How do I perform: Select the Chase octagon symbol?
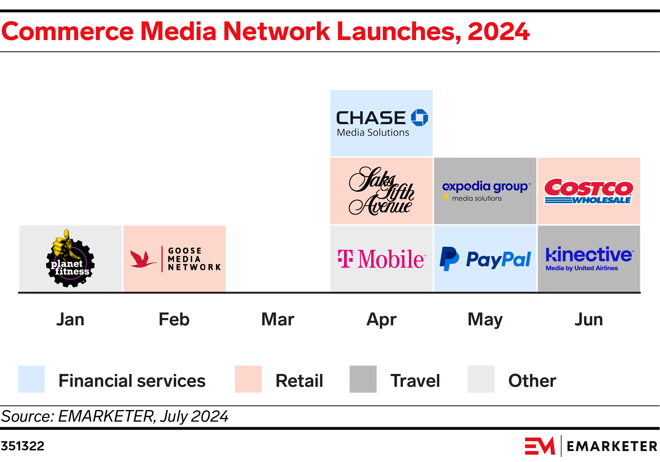click(x=419, y=118)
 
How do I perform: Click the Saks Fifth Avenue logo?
click(x=381, y=191)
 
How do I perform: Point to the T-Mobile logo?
click(x=381, y=259)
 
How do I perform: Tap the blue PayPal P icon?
click(x=449, y=259)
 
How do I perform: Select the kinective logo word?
click(x=589, y=255)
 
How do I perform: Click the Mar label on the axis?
click(x=278, y=320)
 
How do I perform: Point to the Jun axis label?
click(x=589, y=320)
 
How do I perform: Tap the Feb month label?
click(x=174, y=320)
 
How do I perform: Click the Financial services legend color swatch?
click(x=31, y=379)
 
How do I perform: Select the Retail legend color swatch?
click(x=248, y=379)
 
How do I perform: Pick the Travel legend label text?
click(x=415, y=381)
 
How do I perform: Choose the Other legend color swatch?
click(x=481, y=379)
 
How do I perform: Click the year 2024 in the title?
click(x=498, y=31)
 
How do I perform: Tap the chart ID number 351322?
click(x=23, y=446)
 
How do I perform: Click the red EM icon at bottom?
click(x=539, y=446)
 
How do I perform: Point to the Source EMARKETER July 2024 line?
click(x=114, y=416)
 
